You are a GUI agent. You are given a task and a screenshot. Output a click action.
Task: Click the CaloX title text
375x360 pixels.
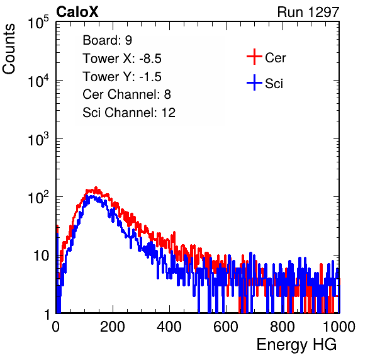pyautogui.click(x=77, y=12)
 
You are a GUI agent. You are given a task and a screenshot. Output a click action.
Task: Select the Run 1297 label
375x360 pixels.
pyautogui.click(x=308, y=12)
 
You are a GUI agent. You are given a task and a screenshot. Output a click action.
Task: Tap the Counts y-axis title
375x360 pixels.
pyautogui.click(x=9, y=49)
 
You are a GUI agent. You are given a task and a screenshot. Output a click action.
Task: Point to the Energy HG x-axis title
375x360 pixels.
pyautogui.click(x=296, y=345)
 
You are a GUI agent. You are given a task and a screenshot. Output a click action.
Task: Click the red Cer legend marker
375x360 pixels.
pyautogui.click(x=254, y=57)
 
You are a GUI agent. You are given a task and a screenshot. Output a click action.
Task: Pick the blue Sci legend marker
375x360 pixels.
pyautogui.click(x=254, y=82)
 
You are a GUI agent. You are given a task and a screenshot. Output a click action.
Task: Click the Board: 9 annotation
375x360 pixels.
pyautogui.click(x=107, y=40)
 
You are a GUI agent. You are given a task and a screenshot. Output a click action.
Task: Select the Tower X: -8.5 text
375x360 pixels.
pyautogui.click(x=122, y=59)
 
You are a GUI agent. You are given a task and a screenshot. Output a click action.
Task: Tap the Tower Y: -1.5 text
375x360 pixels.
pyautogui.click(x=122, y=77)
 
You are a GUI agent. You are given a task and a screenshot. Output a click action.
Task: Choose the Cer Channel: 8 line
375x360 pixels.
pyautogui.click(x=126, y=94)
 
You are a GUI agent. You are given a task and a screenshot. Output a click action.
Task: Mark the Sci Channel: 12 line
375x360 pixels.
pyautogui.click(x=129, y=113)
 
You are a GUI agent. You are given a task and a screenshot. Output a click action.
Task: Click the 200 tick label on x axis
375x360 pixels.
pyautogui.click(x=113, y=327)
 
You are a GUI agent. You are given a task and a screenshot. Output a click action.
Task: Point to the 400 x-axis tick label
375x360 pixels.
pyautogui.click(x=169, y=327)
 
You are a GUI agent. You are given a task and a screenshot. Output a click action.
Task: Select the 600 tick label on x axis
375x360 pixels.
pyautogui.click(x=226, y=327)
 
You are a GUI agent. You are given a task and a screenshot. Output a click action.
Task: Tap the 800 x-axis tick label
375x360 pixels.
pyautogui.click(x=283, y=327)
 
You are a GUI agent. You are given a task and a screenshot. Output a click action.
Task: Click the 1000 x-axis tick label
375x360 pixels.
pyautogui.click(x=339, y=327)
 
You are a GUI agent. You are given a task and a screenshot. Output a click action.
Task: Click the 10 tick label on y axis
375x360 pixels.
pyautogui.click(x=42, y=256)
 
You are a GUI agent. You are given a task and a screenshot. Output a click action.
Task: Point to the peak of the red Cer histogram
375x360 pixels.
pyautogui.click(x=96, y=188)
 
